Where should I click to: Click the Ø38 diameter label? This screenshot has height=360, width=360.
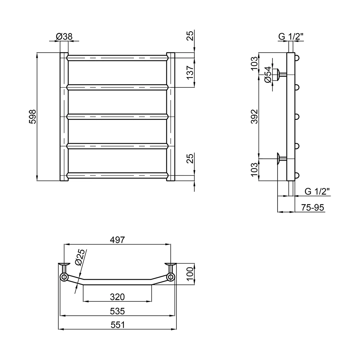(64, 36)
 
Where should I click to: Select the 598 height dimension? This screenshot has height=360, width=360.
(33, 117)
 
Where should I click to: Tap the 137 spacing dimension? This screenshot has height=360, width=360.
(190, 73)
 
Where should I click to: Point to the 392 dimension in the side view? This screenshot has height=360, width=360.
(255, 117)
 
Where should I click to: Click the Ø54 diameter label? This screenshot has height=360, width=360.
(268, 75)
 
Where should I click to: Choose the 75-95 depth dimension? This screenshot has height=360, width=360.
(312, 208)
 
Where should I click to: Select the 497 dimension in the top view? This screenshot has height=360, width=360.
(117, 240)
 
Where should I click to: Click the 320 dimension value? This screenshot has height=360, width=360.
(117, 297)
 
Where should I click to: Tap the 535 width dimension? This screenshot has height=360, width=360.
(117, 311)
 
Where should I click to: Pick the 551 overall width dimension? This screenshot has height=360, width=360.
(118, 325)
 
